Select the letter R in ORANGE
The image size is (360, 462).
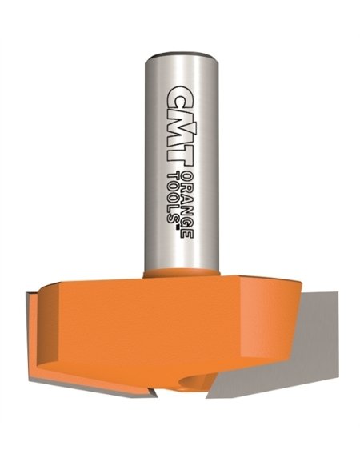click(x=187, y=187)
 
